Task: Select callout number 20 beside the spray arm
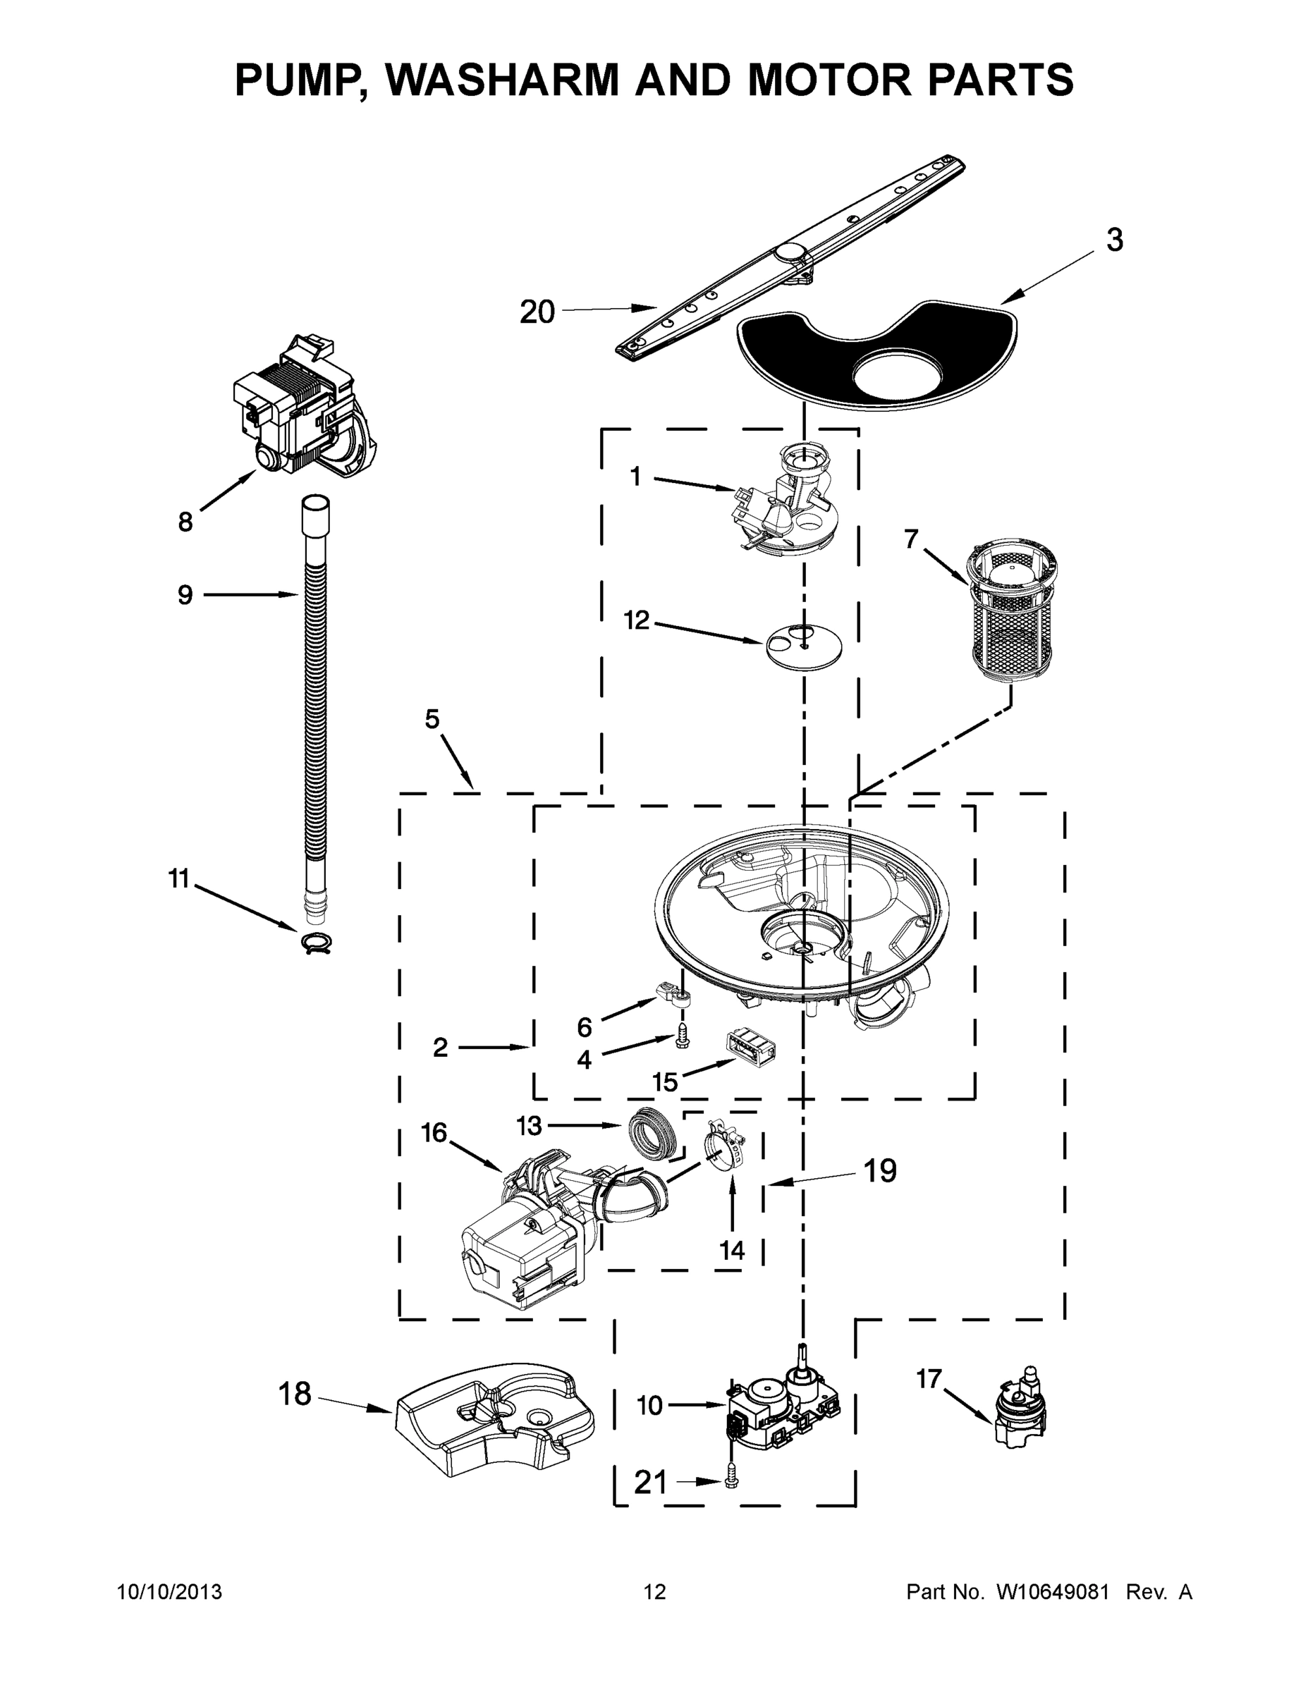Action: (537, 312)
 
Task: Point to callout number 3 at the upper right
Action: (1114, 240)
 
